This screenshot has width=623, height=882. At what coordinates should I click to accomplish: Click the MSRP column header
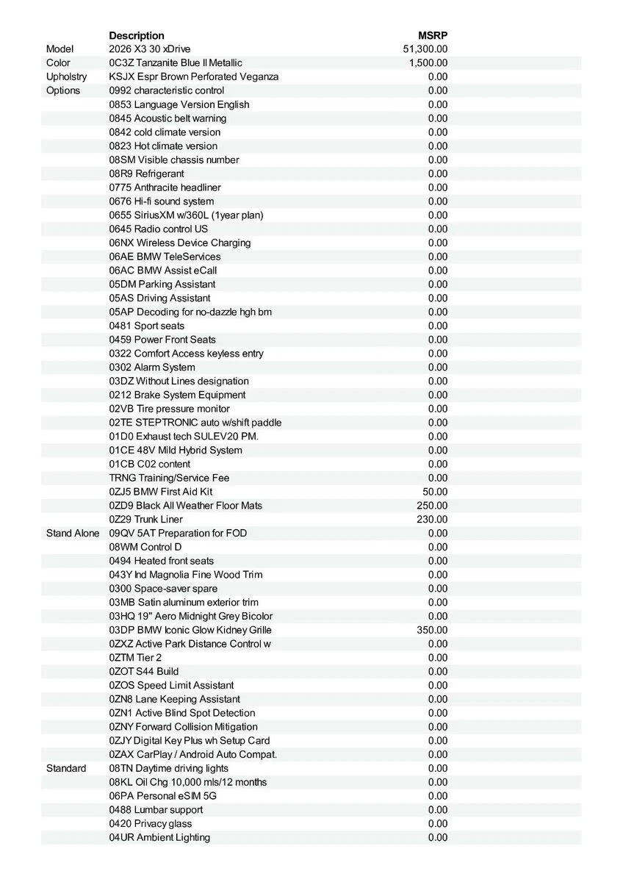coord(433,35)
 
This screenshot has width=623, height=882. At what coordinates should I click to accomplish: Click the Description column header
coord(137,35)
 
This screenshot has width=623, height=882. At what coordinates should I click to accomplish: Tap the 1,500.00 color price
coord(428,63)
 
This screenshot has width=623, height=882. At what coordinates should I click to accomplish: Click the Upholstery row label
coord(66,76)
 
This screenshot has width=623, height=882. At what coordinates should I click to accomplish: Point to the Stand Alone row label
coord(72,533)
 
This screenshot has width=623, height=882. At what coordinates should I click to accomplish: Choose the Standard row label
coord(66,768)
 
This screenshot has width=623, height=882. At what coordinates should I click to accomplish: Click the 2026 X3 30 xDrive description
coord(149,49)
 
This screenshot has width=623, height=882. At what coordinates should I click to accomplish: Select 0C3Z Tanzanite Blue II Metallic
coord(176,63)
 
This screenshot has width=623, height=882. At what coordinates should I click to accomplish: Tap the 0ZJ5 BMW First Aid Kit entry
coord(161,492)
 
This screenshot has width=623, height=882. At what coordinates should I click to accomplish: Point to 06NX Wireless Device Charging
coord(180,243)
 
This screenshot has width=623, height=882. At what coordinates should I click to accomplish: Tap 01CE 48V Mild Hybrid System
coord(176,450)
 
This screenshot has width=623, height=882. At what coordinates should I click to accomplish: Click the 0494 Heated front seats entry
coord(162,561)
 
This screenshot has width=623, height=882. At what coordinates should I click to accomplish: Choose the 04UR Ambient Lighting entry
coord(159,837)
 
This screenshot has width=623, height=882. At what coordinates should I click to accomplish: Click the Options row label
coord(63,90)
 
